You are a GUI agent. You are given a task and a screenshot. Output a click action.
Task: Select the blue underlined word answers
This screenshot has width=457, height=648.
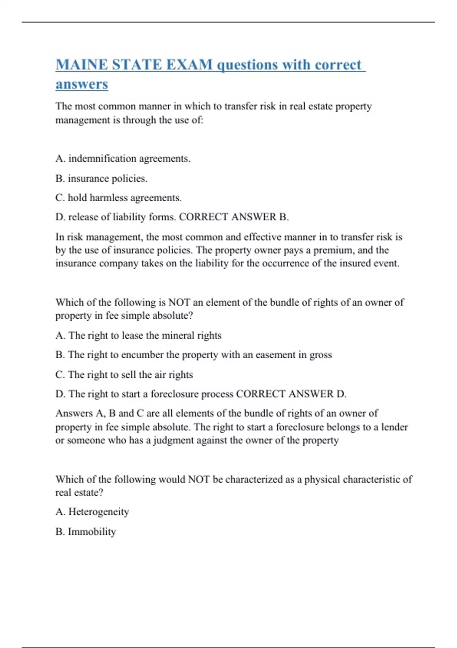(81, 84)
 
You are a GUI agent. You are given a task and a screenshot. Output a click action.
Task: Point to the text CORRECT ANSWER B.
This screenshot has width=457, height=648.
(234, 217)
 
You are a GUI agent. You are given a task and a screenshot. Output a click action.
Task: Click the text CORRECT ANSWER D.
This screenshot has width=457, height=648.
(291, 394)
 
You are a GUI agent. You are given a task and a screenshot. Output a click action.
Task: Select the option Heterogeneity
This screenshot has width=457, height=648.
(98, 512)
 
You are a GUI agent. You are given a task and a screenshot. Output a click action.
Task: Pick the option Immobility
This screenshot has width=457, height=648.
(92, 531)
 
